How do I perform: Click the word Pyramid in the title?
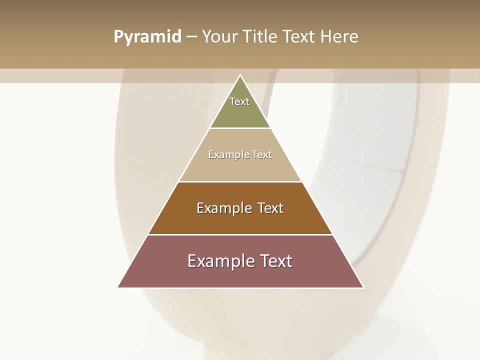147,36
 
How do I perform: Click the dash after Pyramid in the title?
191,36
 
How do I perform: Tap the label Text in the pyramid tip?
239,101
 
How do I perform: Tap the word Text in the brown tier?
270,208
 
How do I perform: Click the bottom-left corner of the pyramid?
118,287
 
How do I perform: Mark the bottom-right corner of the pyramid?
363,287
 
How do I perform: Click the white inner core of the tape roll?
370,165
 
